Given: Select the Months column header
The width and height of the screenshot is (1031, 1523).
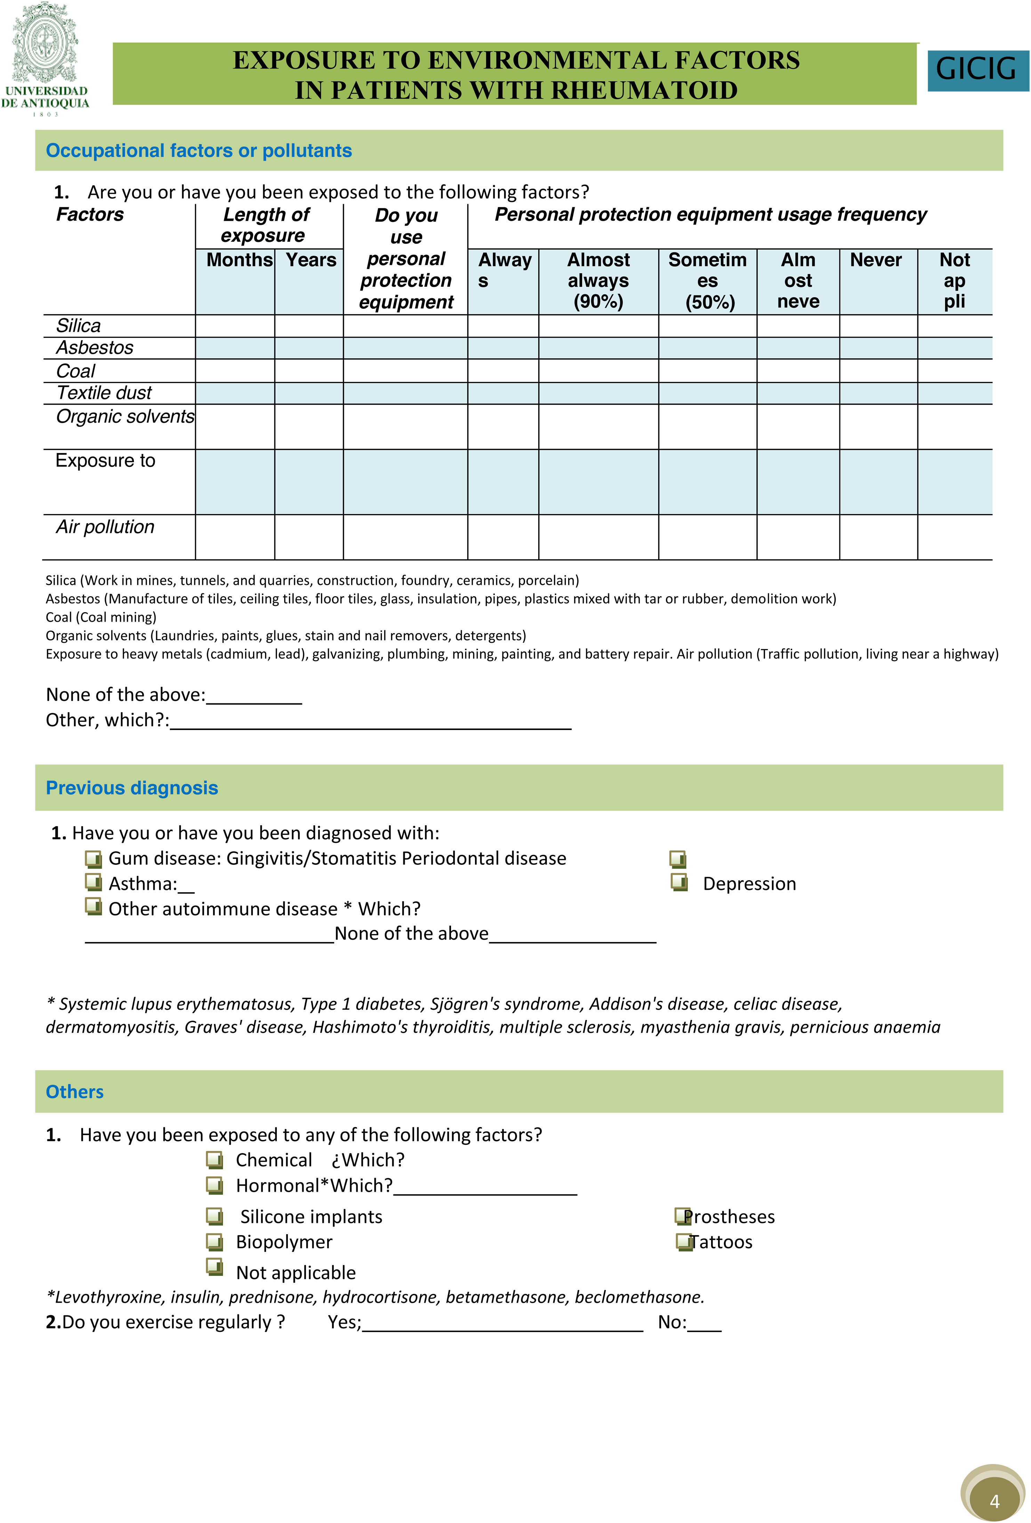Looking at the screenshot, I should pos(239,260).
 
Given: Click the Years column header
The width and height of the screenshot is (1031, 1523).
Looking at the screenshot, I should pos(311,260).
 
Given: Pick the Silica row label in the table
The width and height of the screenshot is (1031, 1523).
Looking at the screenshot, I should pos(79,326).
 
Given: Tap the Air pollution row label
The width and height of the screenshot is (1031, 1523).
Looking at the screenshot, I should pos(105,527).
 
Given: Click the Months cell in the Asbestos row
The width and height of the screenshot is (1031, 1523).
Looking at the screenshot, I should pos(235,348).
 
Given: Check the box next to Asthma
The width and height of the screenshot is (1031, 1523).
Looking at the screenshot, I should pos(93,882).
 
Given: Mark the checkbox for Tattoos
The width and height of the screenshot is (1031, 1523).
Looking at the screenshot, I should pos(684,1241).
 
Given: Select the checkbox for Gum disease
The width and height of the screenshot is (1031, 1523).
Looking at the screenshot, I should pos(93,858).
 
